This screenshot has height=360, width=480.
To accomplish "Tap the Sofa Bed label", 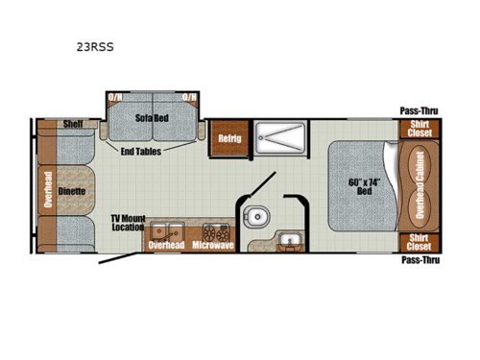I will [152, 116].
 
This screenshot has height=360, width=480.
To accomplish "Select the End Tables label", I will [141, 151].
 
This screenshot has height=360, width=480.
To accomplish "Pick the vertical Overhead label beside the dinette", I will [46, 190].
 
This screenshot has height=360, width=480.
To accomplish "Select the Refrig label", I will [228, 138].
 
